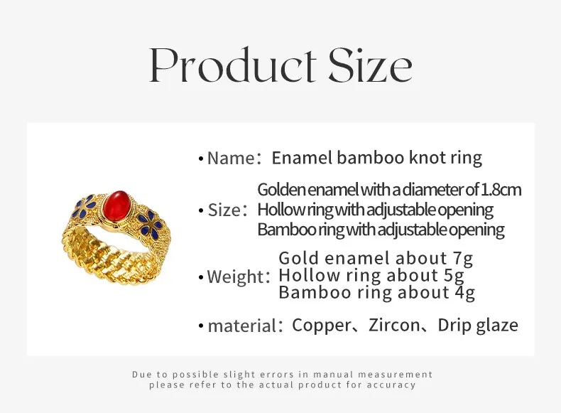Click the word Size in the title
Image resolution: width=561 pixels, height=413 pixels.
pos(371,65)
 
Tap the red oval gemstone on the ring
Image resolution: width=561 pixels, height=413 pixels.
pos(116,207)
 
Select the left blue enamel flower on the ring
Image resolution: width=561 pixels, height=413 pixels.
pos(84,206)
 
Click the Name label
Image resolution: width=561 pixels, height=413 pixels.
pos(231,158)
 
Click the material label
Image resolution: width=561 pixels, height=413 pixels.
pos(242,326)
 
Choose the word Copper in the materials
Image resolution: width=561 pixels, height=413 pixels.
pos(322,326)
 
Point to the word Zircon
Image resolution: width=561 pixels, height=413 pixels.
pos(394,326)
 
